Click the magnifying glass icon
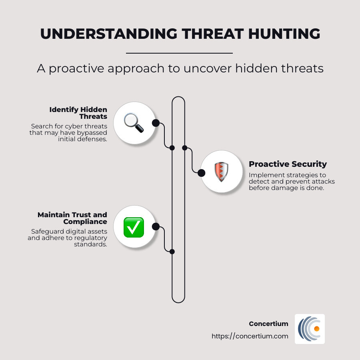click(x=134, y=123)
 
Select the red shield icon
click(x=221, y=172)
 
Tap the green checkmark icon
click(x=134, y=227)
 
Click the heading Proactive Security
click(x=288, y=164)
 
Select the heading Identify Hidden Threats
click(x=78, y=113)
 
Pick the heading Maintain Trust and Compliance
click(x=72, y=218)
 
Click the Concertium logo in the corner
click(x=310, y=329)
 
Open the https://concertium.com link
click(x=250, y=336)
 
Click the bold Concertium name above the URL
click(x=268, y=324)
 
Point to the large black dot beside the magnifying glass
click(x=156, y=123)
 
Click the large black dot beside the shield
click(x=201, y=173)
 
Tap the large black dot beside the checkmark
click(x=156, y=227)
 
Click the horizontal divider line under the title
click(x=179, y=53)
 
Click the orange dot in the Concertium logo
click(x=316, y=329)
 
